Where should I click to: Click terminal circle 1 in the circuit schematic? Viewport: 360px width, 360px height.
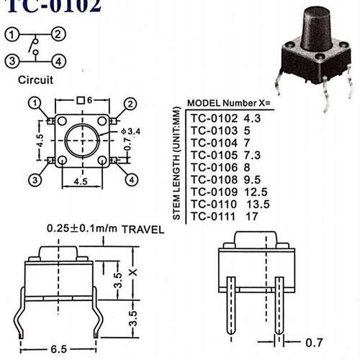[x=12, y=35]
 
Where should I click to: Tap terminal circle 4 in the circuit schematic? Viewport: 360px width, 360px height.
[x=59, y=62]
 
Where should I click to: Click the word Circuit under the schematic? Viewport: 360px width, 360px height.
[x=35, y=80]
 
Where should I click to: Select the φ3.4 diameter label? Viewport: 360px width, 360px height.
[x=131, y=131]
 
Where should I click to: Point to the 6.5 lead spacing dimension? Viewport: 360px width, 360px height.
[x=59, y=349]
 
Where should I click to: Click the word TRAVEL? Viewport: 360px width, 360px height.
[x=143, y=230]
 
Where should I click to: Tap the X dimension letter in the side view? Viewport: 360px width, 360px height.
[x=133, y=272]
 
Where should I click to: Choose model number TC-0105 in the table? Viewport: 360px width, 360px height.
[x=214, y=156]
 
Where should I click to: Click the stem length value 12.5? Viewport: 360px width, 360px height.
[x=256, y=192]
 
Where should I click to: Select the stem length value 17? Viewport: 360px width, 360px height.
[x=252, y=217]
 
